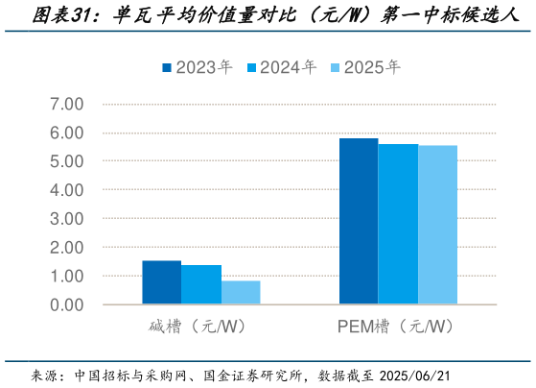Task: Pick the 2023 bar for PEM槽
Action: coord(359,221)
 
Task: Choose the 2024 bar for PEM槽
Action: coord(398,224)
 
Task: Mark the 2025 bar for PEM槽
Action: coord(437,225)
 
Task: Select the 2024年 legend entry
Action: coord(285,67)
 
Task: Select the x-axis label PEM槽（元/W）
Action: coord(397,327)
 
